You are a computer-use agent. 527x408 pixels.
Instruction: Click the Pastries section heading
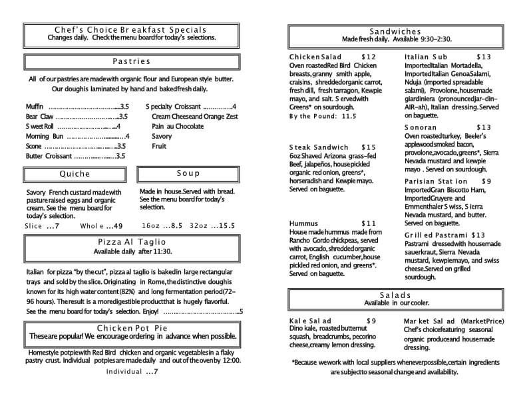pos(131,62)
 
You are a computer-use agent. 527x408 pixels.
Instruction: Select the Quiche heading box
pos(74,174)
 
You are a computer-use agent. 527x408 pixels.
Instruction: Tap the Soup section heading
pos(188,174)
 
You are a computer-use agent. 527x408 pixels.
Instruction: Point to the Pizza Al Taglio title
pos(132,242)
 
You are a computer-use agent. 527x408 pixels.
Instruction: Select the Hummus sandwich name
pos(305,223)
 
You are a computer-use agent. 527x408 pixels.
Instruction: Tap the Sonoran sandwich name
pos(421,127)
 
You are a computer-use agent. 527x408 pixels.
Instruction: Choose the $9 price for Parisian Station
pos(486,181)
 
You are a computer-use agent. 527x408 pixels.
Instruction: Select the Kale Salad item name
pos(310,321)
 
